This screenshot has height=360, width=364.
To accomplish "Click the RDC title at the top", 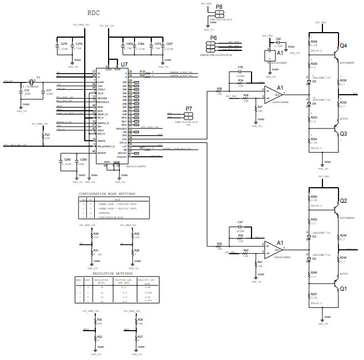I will tap(94, 12).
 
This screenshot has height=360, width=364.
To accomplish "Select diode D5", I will tap(309, 81).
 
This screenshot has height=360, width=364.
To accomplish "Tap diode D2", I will tap(309, 259).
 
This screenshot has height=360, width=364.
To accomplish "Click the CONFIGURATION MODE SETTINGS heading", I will tap(114, 193).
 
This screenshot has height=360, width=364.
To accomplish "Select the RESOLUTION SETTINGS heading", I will tap(112, 274).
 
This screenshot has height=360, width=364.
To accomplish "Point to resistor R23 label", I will tap(47, 134).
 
